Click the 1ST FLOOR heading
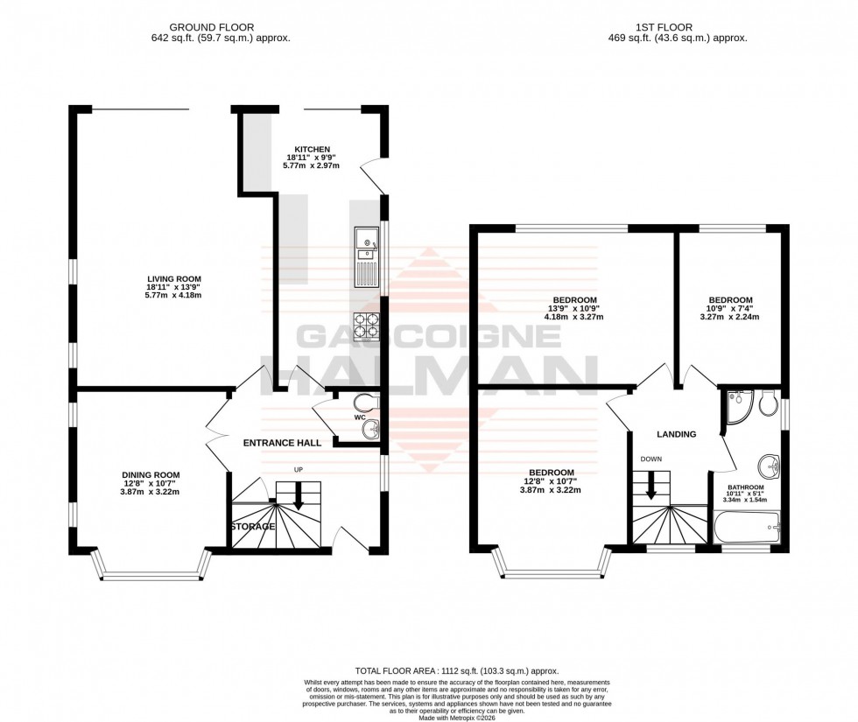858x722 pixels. pyautogui.click(x=677, y=27)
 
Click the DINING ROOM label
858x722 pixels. pyautogui.click(x=151, y=475)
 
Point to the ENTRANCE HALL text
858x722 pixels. pyautogui.click(x=281, y=443)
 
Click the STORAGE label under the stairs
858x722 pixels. pyautogui.click(x=253, y=527)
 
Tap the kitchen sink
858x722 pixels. pyautogui.click(x=365, y=256)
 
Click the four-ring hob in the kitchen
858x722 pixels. pyautogui.click(x=366, y=326)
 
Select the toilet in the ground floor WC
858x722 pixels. pyautogui.click(x=363, y=402)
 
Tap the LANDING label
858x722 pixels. pyautogui.click(x=677, y=434)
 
